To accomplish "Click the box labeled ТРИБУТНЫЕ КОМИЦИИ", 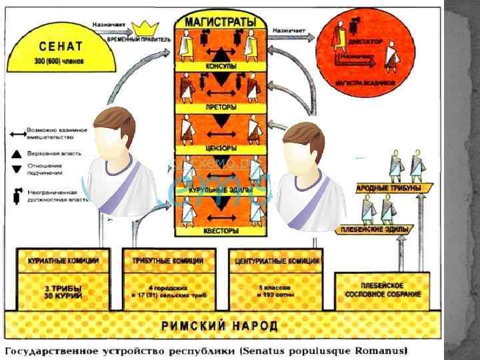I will (x=170, y=261).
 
